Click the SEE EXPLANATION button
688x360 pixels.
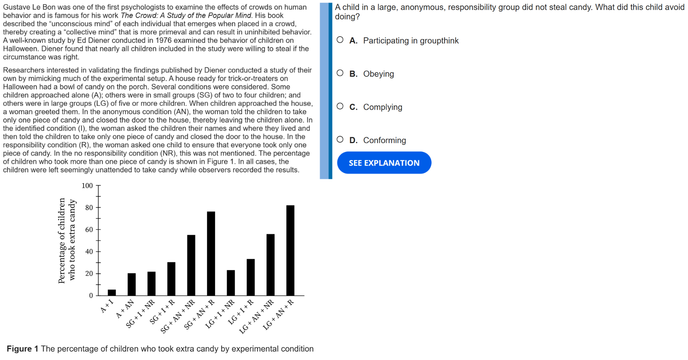(384, 163)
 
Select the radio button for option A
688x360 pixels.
(340, 40)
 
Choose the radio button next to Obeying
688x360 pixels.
(340, 73)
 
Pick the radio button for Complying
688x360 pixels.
(340, 106)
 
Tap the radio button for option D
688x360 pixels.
(340, 139)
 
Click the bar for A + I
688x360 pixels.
(112, 293)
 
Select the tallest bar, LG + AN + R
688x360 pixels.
(290, 250)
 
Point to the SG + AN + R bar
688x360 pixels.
(211, 254)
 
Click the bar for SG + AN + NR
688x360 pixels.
(191, 265)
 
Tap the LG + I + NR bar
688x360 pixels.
(231, 283)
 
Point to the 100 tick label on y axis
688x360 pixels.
(87, 186)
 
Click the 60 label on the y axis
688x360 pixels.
(89, 230)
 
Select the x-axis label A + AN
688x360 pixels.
(125, 309)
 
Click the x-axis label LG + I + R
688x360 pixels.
(241, 312)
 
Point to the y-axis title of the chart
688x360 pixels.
(67, 240)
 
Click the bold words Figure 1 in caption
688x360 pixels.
(22, 349)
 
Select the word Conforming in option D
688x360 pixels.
(385, 140)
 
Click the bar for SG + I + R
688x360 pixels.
(171, 279)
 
